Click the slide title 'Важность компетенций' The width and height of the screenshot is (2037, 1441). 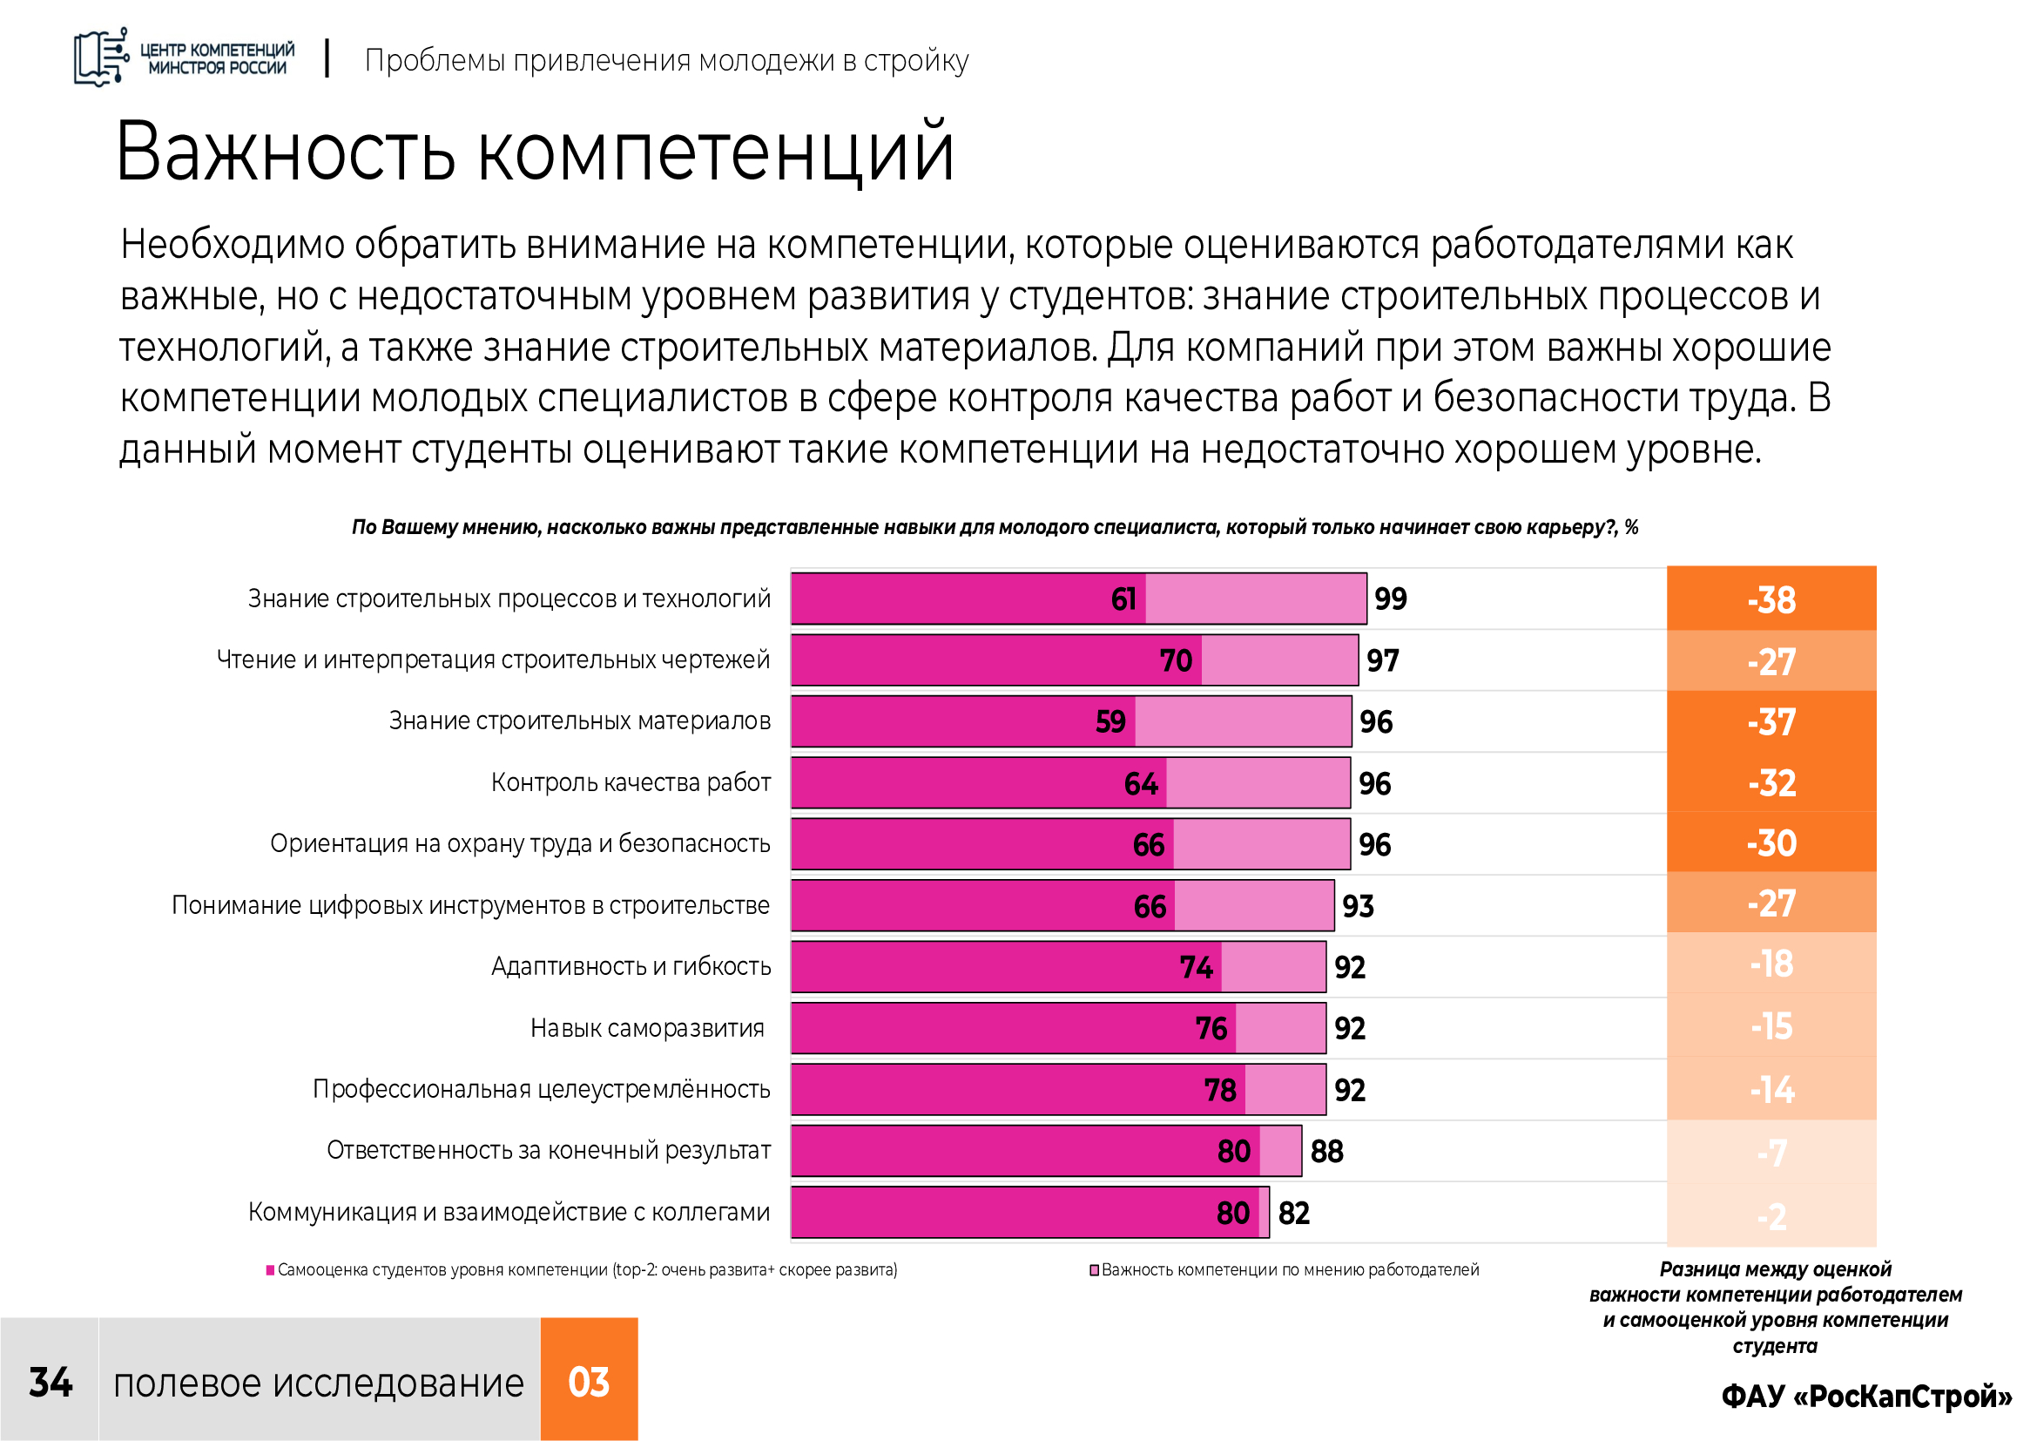(535, 152)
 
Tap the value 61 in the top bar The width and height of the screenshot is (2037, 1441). (1123, 599)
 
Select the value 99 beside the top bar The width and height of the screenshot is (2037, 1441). (1390, 599)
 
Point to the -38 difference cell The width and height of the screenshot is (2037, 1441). (1771, 599)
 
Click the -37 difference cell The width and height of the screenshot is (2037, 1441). (1771, 721)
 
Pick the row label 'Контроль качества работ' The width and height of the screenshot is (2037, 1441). (631, 782)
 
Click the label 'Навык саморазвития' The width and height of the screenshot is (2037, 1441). (648, 1027)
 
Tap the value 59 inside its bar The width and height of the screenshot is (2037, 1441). (1110, 721)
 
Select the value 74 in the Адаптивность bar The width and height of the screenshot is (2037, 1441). (1196, 966)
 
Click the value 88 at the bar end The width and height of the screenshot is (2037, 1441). (1326, 1151)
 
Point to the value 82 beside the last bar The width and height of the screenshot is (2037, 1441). (1293, 1213)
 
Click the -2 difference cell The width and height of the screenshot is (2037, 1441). (1771, 1215)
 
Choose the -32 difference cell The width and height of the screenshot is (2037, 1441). (1771, 782)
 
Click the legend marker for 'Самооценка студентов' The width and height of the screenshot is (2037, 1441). (271, 1270)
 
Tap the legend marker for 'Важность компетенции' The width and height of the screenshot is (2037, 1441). (1095, 1270)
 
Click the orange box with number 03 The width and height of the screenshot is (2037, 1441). (589, 1379)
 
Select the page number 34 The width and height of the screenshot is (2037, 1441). (51, 1383)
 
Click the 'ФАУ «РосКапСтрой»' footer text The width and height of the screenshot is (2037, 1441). (1866, 1396)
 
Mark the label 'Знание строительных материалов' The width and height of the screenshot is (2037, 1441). (580, 720)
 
